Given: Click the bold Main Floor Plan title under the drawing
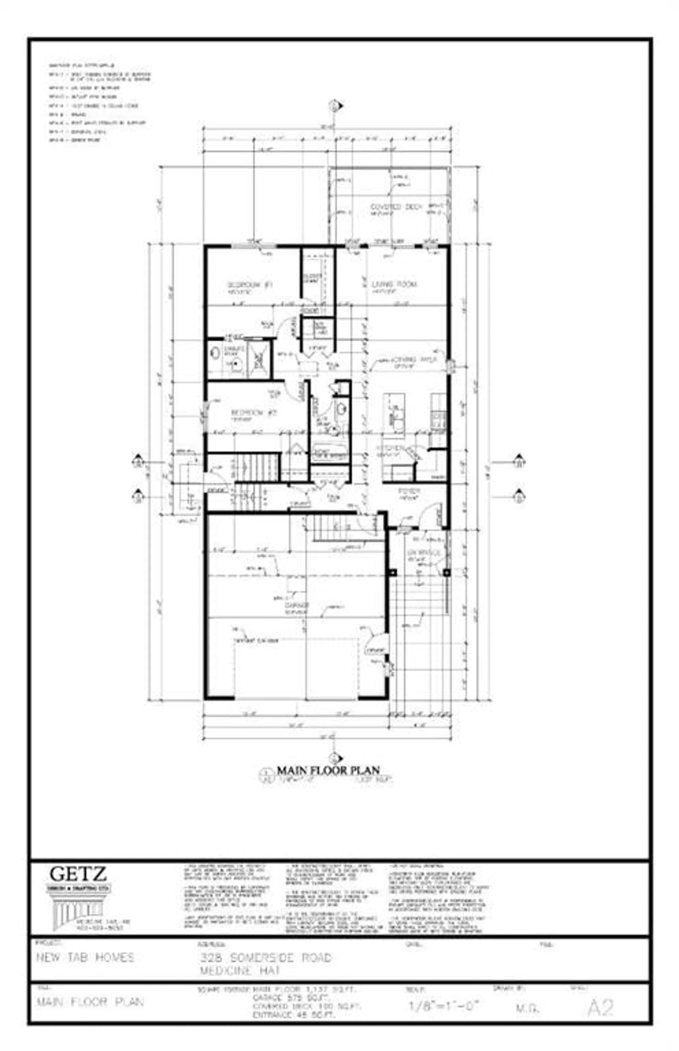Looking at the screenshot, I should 328,770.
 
